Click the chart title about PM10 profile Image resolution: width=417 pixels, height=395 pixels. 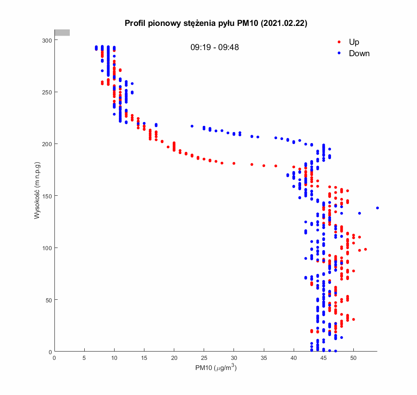216,24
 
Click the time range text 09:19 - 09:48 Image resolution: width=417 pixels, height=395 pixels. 215,47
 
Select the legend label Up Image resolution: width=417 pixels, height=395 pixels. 354,42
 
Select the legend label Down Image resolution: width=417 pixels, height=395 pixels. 359,54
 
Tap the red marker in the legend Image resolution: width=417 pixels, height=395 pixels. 339,42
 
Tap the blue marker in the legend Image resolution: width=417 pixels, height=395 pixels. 339,54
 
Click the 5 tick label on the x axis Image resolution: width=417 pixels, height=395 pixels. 84,358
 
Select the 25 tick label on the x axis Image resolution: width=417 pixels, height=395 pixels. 204,358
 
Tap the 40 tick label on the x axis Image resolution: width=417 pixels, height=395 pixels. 294,358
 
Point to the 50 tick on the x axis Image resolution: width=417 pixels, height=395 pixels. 353,358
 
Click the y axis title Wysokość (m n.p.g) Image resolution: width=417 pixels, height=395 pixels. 38,191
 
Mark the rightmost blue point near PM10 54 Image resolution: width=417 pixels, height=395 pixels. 377,208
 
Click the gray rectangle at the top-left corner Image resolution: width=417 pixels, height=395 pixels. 62,32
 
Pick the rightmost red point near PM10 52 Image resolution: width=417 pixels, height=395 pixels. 365,249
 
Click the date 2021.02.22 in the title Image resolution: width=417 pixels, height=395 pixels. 284,24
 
